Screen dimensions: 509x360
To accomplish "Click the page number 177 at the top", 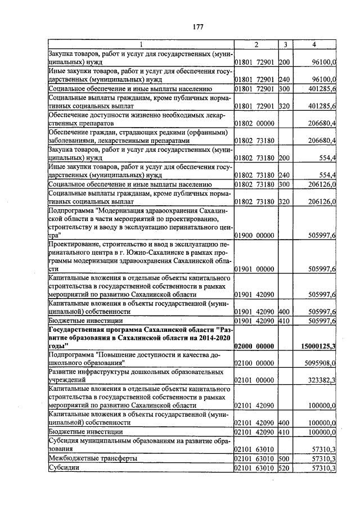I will click(197, 27).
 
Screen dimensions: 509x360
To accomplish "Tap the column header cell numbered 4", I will click(314, 44).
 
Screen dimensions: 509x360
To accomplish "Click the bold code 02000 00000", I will click(254, 346).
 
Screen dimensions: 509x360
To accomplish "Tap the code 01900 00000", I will click(254, 236).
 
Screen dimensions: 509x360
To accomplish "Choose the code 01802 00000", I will click(254, 123).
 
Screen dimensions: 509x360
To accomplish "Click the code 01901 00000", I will click(254, 269).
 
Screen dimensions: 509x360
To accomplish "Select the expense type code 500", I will click(284, 458).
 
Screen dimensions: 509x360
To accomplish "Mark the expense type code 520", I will click(284, 468).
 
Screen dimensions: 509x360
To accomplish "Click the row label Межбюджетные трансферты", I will click(93, 458).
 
